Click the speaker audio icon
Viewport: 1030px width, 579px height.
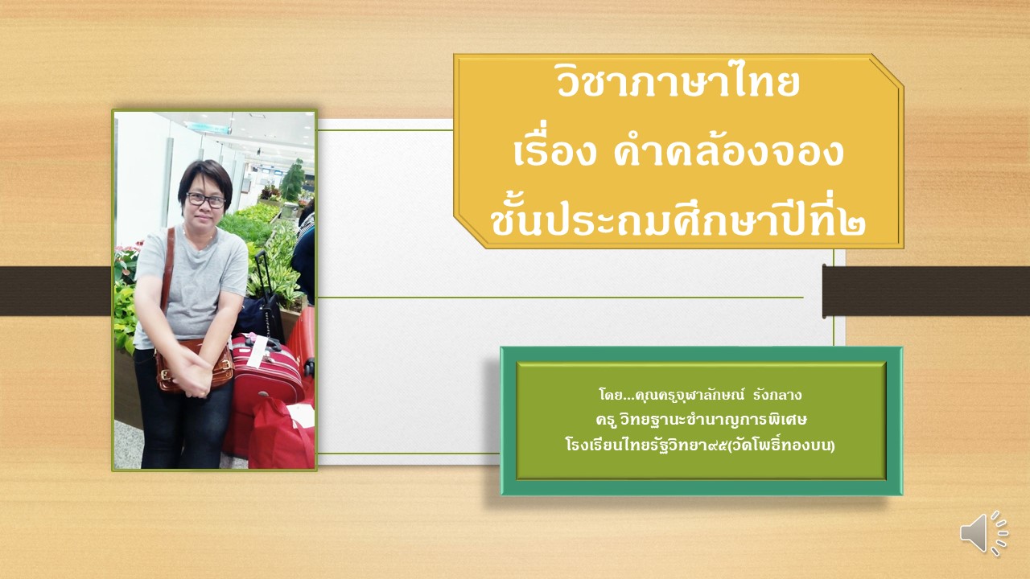(983, 533)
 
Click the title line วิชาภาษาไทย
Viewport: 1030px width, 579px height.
(678, 84)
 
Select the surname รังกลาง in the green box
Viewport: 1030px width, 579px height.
(777, 395)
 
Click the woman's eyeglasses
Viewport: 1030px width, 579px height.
(205, 200)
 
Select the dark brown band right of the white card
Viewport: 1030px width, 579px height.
(926, 291)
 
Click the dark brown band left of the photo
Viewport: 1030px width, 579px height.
(56, 291)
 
